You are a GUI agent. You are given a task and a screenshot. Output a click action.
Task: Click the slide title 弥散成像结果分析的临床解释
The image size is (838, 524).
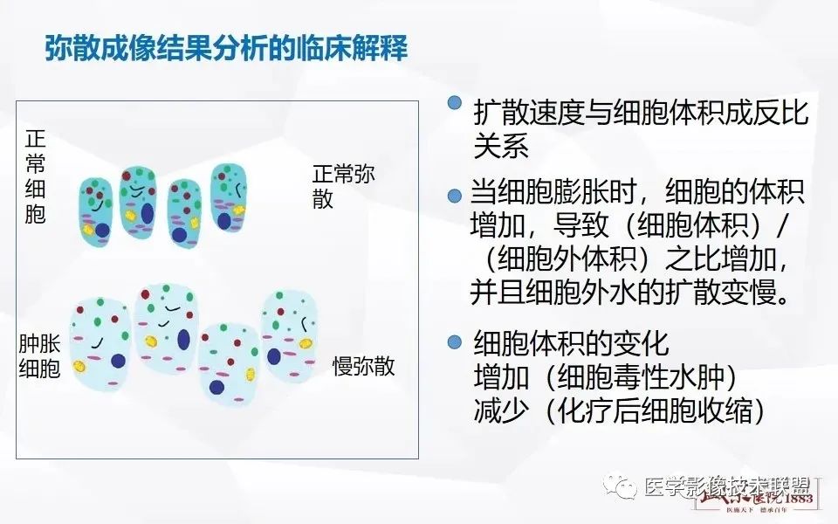[x=226, y=48]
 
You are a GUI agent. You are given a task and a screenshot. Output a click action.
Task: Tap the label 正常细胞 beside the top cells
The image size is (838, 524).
[x=36, y=177]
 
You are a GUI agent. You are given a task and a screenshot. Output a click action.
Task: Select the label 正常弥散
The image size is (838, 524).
[x=343, y=186]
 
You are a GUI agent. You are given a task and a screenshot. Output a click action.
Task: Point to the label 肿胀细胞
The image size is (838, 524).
[x=39, y=356]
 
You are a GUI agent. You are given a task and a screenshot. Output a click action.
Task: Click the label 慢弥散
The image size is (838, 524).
[x=363, y=366]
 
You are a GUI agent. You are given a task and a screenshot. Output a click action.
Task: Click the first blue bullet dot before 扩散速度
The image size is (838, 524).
[x=454, y=103]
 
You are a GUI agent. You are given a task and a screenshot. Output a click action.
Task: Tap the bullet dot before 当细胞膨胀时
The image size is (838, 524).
[x=454, y=196]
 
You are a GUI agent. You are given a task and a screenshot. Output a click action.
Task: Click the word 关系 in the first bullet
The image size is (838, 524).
[x=501, y=146]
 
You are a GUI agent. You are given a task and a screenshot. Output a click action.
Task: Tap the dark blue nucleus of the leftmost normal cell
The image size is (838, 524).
[x=102, y=231]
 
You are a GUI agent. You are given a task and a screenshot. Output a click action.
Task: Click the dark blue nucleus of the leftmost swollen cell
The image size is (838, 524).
[x=117, y=361]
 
